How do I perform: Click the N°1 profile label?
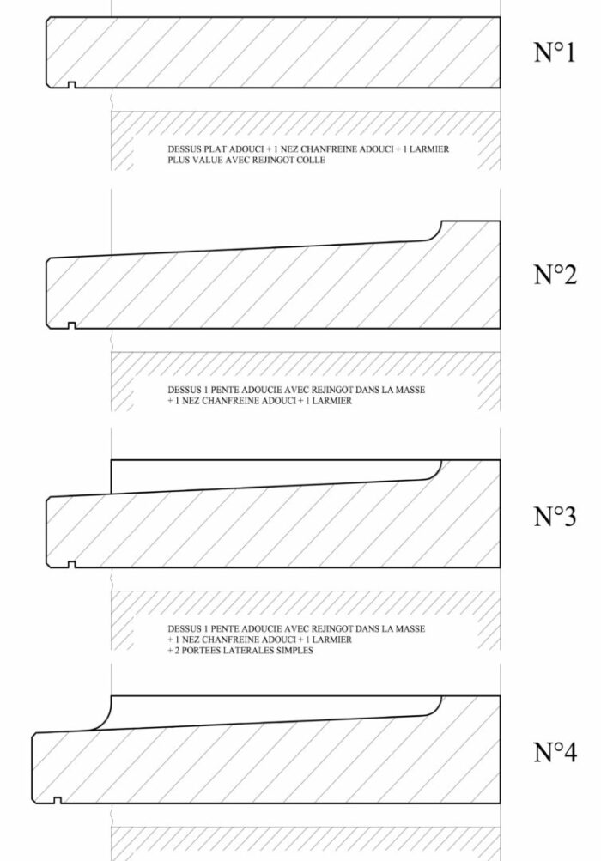555,52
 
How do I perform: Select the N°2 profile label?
555,274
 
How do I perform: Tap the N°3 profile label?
555,516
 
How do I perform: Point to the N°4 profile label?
555,752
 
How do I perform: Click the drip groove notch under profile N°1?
71,85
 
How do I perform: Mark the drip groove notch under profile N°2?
71,325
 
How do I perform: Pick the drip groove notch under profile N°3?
71,565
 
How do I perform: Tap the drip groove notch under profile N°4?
58,801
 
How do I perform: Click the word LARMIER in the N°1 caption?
429,149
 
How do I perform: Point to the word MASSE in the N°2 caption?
411,390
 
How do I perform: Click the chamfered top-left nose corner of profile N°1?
49,20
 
